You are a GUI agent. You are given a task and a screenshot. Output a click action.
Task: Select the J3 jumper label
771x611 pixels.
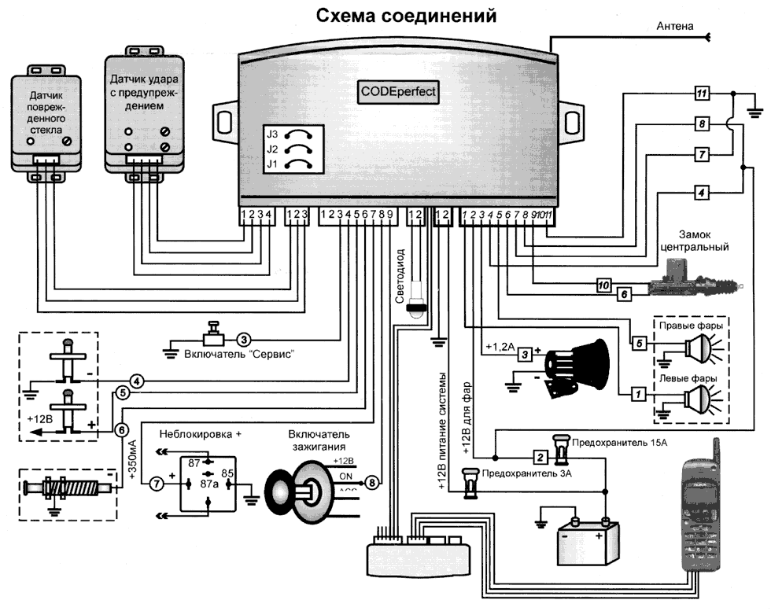pos(273,134)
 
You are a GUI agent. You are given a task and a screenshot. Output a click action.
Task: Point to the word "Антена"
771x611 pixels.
pos(675,26)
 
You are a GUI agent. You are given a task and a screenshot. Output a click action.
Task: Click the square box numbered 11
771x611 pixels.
pos(703,94)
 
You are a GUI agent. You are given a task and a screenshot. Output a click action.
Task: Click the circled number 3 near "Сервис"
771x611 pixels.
pos(244,339)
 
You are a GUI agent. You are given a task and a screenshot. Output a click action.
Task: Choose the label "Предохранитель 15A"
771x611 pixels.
pos(620,444)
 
